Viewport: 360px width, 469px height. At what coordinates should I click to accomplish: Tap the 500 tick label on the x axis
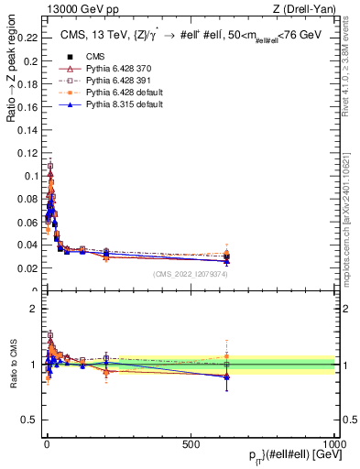(191, 442)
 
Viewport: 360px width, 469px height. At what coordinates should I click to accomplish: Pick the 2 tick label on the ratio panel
(34, 309)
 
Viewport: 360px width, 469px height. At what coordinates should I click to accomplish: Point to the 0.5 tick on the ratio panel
(29, 420)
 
